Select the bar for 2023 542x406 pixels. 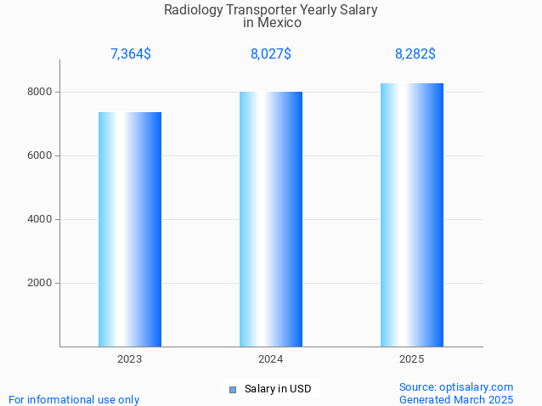click(130, 229)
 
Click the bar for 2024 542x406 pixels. click(271, 219)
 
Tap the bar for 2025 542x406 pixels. click(412, 215)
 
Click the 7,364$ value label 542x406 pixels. click(131, 54)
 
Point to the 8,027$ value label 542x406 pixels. click(271, 54)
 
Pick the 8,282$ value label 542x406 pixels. click(415, 54)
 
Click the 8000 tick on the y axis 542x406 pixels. click(40, 92)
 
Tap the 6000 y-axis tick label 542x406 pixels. click(40, 155)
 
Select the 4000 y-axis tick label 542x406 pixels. click(40, 219)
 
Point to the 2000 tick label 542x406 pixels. click(40, 284)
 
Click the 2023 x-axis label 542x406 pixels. click(130, 359)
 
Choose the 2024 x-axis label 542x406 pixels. click(271, 359)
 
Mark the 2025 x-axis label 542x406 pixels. click(412, 359)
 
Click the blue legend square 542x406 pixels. click(233, 390)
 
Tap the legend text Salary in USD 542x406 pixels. click(278, 389)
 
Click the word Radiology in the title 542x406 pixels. click(192, 10)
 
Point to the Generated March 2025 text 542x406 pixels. click(456, 399)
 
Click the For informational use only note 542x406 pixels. click(74, 399)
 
